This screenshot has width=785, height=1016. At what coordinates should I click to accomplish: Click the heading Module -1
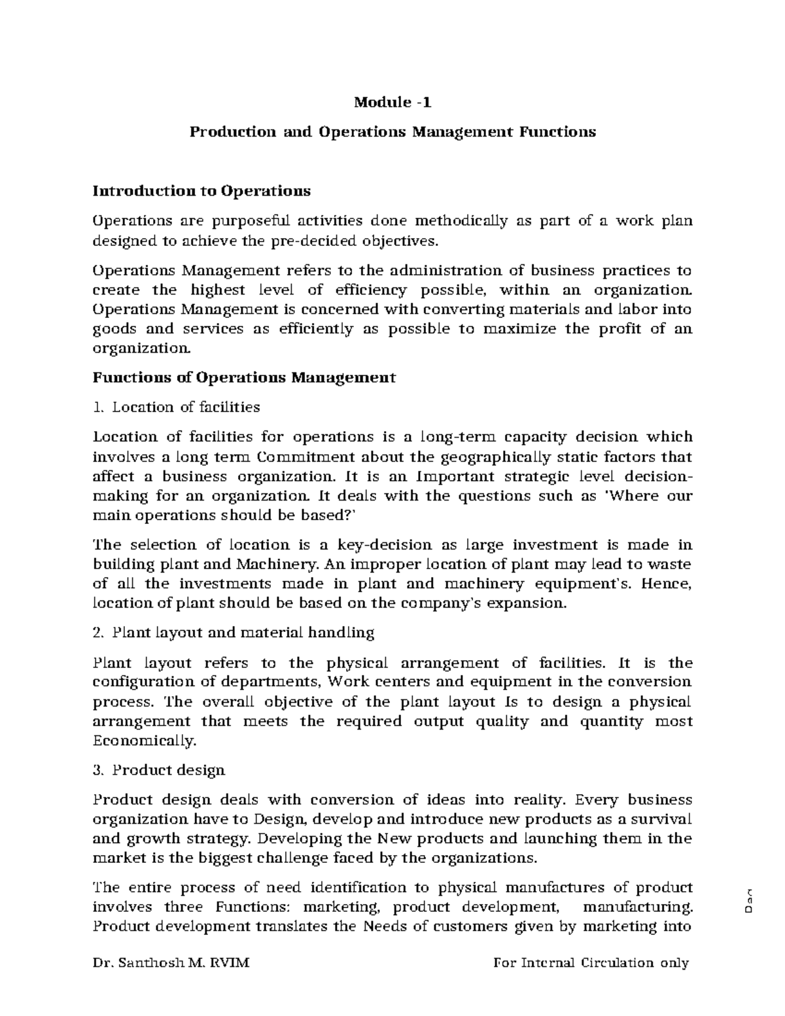(x=392, y=103)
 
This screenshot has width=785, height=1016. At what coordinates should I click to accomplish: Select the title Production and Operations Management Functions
(x=392, y=132)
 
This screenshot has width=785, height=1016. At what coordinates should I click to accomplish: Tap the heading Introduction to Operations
(x=201, y=191)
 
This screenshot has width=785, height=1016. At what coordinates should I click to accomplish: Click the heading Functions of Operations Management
(x=244, y=377)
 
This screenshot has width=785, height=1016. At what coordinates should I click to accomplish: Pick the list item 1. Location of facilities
(x=177, y=407)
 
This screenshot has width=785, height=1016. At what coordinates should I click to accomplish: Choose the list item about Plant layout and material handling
(x=234, y=633)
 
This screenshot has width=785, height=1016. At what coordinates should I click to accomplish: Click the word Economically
(x=145, y=741)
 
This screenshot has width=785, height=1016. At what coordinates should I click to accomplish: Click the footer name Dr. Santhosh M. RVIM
(x=171, y=962)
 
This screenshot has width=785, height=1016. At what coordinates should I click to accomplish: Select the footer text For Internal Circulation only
(x=591, y=962)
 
